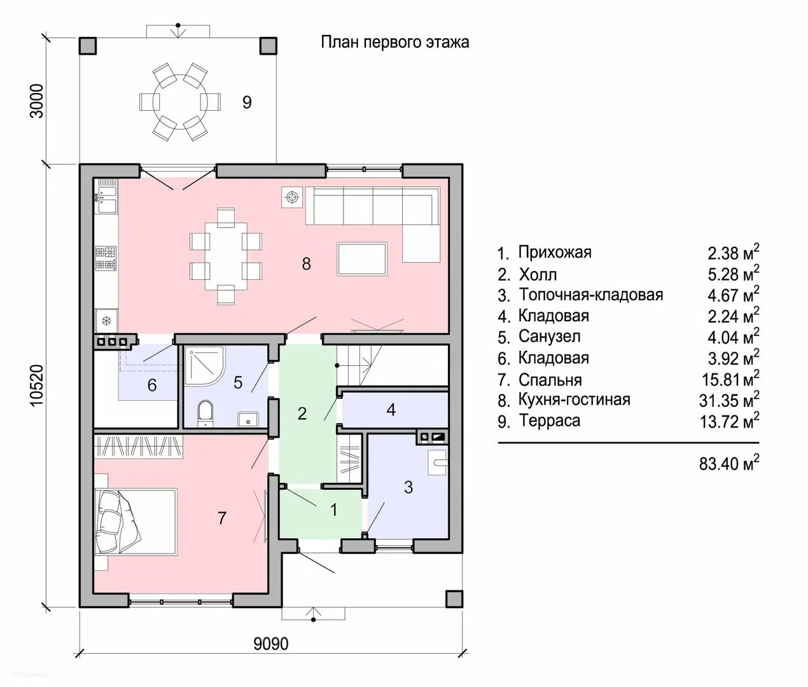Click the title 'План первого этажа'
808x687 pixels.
(x=395, y=42)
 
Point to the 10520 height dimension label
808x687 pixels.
(x=36, y=385)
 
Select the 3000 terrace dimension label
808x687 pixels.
(x=38, y=101)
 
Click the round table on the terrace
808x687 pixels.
(x=180, y=103)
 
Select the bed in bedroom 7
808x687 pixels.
(x=136, y=522)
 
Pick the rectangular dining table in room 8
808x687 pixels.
(x=226, y=256)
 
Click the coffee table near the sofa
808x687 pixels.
(x=363, y=259)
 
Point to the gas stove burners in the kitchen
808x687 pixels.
(x=106, y=258)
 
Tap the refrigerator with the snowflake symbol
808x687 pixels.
(x=106, y=321)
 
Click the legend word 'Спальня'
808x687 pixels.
(x=550, y=380)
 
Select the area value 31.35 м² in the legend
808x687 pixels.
(x=729, y=399)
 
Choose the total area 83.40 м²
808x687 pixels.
(x=729, y=463)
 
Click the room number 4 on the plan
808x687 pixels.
(x=391, y=410)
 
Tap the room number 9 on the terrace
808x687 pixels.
(x=247, y=102)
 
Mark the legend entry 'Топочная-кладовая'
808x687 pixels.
(x=590, y=295)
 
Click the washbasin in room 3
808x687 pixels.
(x=437, y=462)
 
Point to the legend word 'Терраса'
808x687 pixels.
(x=549, y=421)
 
